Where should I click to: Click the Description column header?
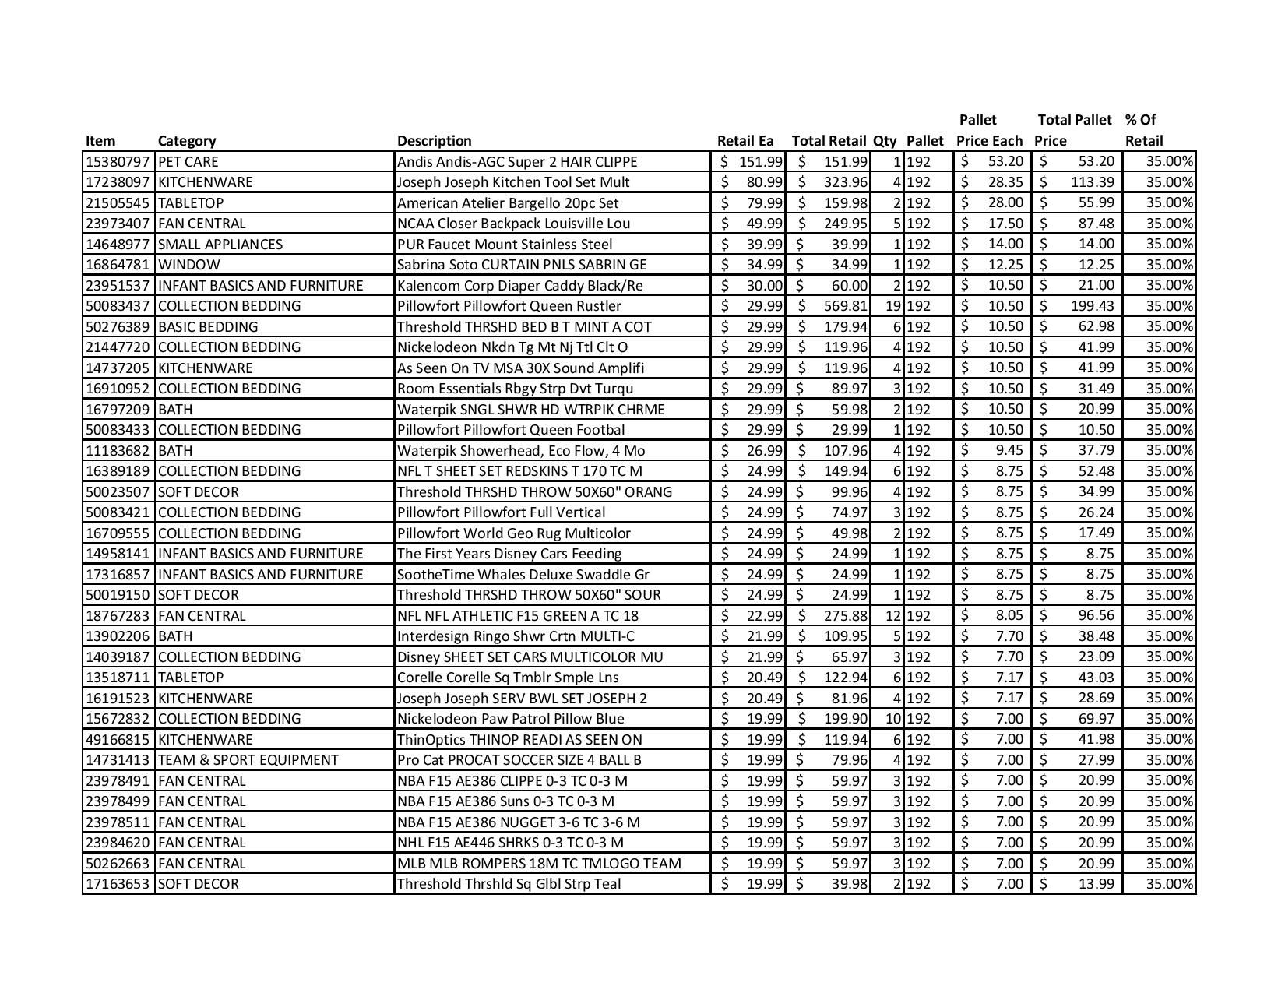tap(434, 141)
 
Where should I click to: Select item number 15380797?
tap(117, 162)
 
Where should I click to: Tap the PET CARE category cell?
tap(188, 162)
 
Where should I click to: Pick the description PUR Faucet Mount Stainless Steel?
tap(505, 245)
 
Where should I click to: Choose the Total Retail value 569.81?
tap(845, 306)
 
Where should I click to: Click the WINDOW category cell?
tap(188, 265)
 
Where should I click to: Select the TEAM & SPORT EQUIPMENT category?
tap(248, 760)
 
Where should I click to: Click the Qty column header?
tap(884, 141)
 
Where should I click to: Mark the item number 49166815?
tap(117, 740)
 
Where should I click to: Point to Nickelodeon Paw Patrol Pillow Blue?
tap(510, 719)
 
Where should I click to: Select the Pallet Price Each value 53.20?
tap(1005, 162)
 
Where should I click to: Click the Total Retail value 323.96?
tap(845, 182)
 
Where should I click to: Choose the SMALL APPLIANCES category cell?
tap(220, 245)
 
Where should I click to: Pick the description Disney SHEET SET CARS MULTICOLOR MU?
tap(530, 657)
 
